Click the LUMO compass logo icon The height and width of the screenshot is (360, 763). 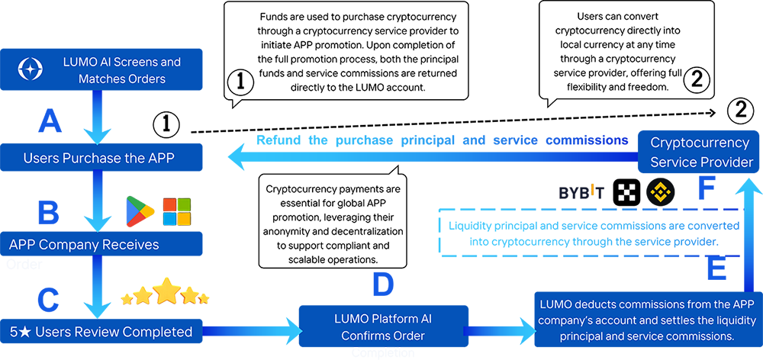[x=31, y=70]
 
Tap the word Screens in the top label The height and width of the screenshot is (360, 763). [x=130, y=62]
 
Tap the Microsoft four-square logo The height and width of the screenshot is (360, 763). [x=177, y=207]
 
